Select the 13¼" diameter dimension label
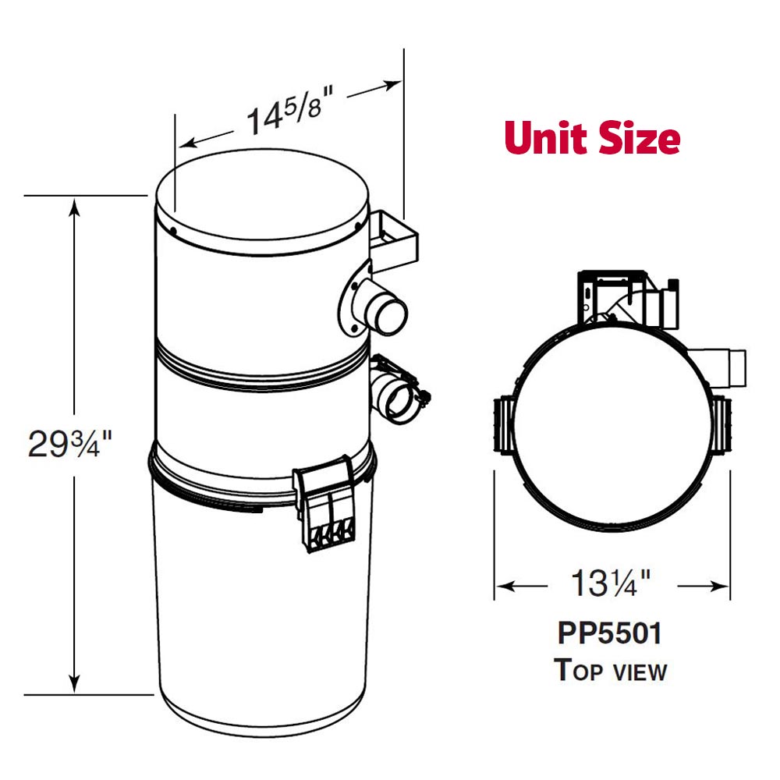click(x=611, y=583)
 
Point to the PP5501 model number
click(x=610, y=633)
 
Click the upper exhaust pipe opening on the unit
click(x=391, y=314)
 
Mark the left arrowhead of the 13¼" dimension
click(x=504, y=584)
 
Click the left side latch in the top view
click(x=502, y=424)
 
